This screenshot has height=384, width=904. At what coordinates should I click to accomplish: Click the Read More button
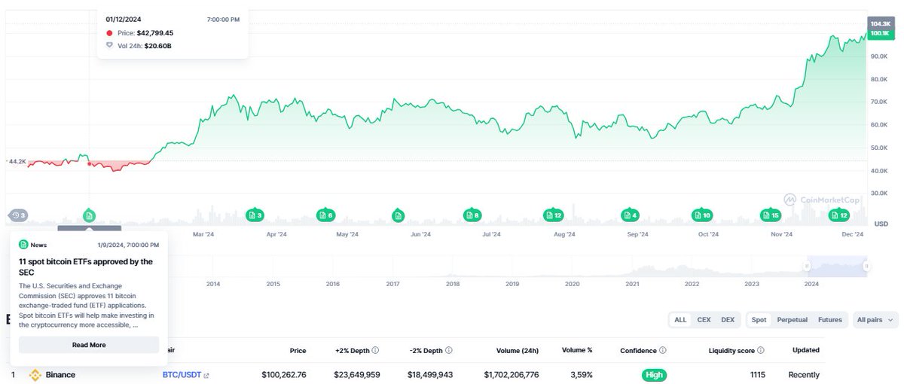point(89,345)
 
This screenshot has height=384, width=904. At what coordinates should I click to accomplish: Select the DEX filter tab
point(727,320)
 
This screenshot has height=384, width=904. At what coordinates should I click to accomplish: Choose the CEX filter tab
point(704,320)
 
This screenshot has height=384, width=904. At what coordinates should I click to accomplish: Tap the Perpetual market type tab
point(792,320)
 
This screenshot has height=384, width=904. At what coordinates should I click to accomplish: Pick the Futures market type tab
point(829,320)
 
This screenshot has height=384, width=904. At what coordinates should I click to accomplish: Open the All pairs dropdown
point(876,320)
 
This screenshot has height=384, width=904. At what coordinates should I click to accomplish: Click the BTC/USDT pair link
point(182,375)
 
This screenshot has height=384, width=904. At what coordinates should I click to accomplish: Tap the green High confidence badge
point(654,375)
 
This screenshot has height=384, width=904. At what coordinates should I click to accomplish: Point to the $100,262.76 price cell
point(283,375)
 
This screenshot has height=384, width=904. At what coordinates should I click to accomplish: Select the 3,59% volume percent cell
point(582,375)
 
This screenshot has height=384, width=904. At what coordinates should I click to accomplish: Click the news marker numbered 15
point(770,215)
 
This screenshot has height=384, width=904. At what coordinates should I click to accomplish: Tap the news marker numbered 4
point(629,215)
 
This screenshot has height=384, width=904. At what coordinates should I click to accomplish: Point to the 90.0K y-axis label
point(879,56)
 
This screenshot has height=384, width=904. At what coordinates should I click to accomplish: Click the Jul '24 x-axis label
point(491,235)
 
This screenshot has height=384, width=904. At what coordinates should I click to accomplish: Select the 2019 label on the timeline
point(512,284)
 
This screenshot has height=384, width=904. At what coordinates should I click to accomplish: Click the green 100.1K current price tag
point(879,34)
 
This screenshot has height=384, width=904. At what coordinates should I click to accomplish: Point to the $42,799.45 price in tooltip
point(154,33)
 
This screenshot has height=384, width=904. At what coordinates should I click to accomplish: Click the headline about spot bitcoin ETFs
point(86,267)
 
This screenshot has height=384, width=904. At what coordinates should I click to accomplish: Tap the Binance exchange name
point(60,375)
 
